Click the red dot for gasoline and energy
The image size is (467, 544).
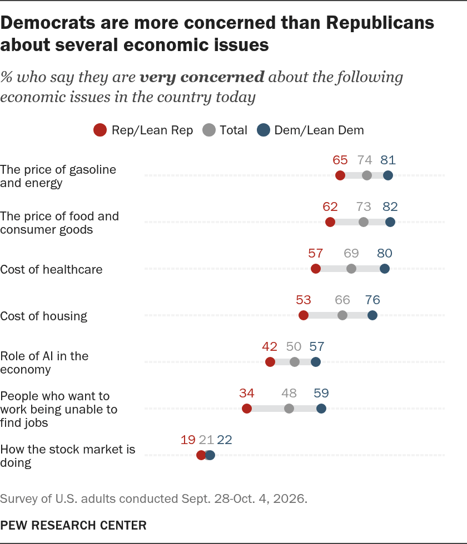tap(340, 175)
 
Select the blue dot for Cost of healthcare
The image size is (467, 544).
tap(385, 269)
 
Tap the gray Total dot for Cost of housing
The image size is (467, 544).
tap(342, 315)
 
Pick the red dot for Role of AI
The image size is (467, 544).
tap(270, 362)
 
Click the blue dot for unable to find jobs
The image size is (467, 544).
tap(321, 409)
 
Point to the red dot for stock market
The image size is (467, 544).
tap(201, 455)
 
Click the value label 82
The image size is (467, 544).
tap(390, 206)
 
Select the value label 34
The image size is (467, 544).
tap(247, 393)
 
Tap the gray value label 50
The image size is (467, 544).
tap(294, 346)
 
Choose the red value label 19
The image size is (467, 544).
tap(188, 440)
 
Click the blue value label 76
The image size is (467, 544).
tap(372, 300)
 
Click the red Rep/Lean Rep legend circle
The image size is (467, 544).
tap(100, 130)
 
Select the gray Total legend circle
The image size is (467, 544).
tap(209, 130)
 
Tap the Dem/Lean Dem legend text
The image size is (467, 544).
tap(319, 130)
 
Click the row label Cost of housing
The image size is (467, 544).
tap(43, 316)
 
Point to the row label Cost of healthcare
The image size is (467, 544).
tap(51, 270)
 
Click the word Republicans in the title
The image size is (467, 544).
tap(380, 23)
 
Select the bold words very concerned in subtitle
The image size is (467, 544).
tap(202, 77)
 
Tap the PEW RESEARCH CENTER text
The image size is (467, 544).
tap(73, 525)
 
